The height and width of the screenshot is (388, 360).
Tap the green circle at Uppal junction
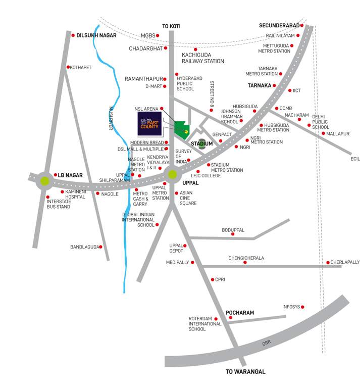coord(173,174)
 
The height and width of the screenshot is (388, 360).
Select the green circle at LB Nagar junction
coord(45,180)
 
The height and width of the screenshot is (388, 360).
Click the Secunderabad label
coord(279,25)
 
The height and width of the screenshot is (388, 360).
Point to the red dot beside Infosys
coord(303,307)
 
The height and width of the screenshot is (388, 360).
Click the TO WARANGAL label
coord(245,372)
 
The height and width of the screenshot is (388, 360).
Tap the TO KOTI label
coord(171,26)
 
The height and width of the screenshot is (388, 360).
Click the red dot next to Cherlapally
coord(328,263)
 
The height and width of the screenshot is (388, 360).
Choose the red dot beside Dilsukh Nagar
coord(73,35)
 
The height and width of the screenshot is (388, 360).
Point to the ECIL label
coord(355,159)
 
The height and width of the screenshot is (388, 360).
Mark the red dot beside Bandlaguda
coord(100,247)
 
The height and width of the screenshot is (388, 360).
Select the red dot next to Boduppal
coord(233,234)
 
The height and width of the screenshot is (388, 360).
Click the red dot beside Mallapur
coord(310,134)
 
